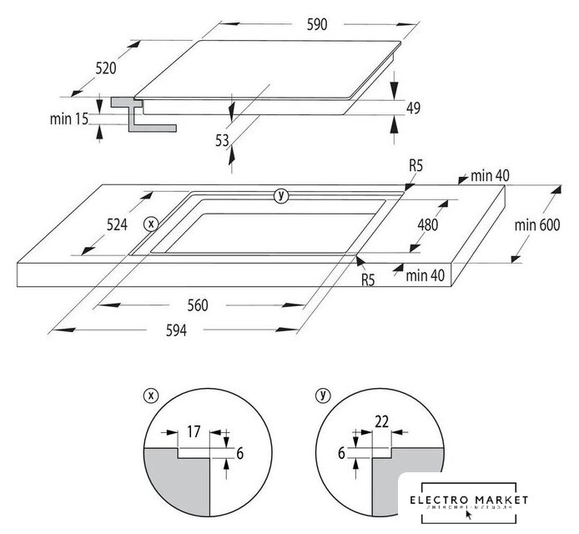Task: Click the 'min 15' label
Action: [68, 119]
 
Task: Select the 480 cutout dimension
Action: [427, 224]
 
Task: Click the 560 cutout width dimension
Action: [196, 305]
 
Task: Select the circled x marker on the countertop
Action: [151, 223]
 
